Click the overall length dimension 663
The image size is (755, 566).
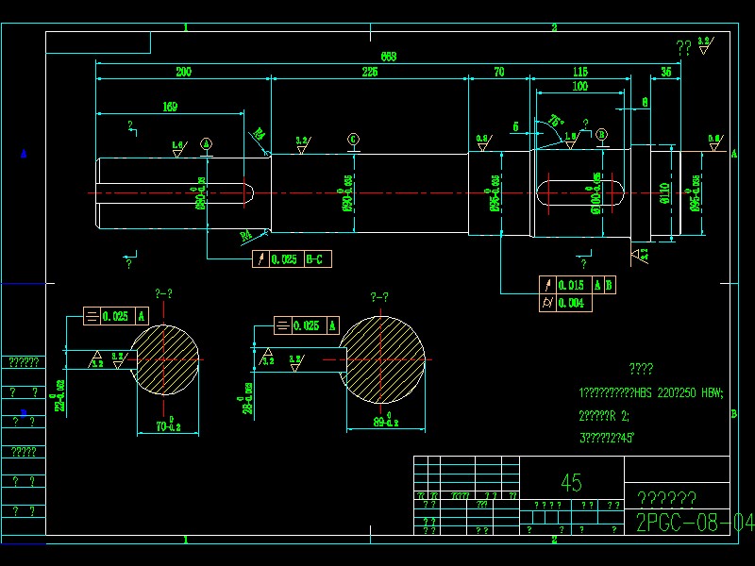pyautogui.click(x=388, y=57)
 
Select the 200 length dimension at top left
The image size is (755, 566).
pyautogui.click(x=183, y=72)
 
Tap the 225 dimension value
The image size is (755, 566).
pyautogui.click(x=369, y=72)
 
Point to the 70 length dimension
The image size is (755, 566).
pyautogui.click(x=498, y=72)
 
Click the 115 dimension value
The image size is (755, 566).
pyautogui.click(x=580, y=72)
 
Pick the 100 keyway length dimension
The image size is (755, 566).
pyautogui.click(x=579, y=87)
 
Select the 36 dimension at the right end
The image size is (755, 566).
pyautogui.click(x=666, y=72)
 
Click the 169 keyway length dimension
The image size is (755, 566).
pyautogui.click(x=170, y=107)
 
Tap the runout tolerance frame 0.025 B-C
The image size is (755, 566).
pyautogui.click(x=293, y=259)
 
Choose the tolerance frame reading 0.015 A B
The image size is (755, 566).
pyautogui.click(x=578, y=285)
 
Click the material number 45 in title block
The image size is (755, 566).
pyautogui.click(x=571, y=483)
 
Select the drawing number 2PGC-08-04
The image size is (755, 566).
pyautogui.click(x=695, y=523)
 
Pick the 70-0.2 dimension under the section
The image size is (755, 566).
pyautogui.click(x=168, y=426)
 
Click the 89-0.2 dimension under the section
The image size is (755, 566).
pyautogui.click(x=384, y=422)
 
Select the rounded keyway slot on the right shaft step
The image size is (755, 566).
pyautogui.click(x=580, y=193)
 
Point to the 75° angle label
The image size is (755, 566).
pyautogui.click(x=556, y=121)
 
